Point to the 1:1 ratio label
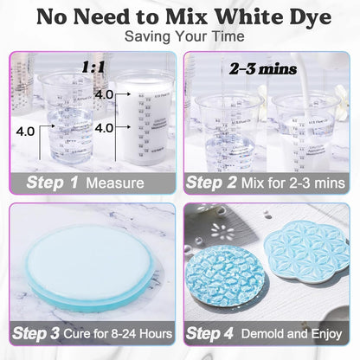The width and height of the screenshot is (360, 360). click(x=93, y=66)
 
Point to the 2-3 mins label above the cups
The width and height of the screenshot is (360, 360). click(x=252, y=66)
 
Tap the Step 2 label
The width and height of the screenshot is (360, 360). click(x=218, y=183)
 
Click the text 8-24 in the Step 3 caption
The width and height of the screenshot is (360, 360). click(x=130, y=333)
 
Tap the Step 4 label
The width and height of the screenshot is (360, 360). click(x=219, y=333)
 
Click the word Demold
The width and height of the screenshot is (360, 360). click(x=274, y=333)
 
